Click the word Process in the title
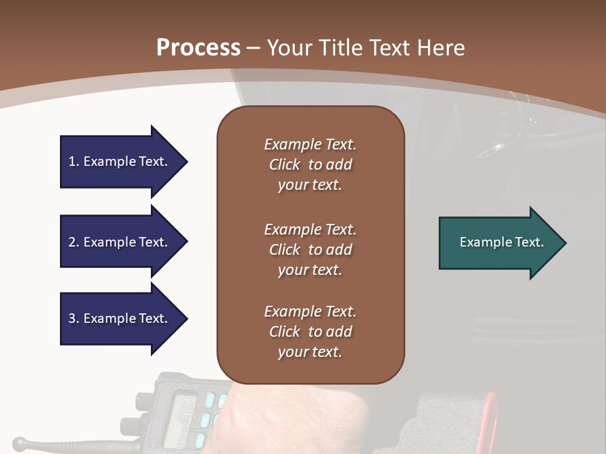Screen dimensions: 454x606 198,47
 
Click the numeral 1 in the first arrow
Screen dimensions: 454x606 72,161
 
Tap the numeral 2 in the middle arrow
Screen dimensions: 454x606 72,242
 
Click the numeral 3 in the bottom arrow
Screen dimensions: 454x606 72,318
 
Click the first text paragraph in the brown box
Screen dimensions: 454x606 310,165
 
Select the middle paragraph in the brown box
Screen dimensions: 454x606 310,250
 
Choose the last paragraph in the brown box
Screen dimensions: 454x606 310,332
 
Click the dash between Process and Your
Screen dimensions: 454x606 253,48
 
